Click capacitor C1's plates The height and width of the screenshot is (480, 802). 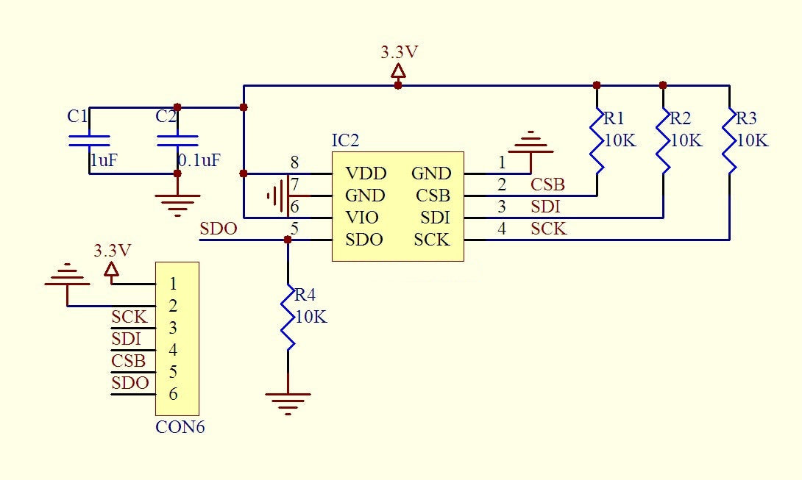click(x=89, y=140)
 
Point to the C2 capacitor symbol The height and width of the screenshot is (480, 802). click(x=177, y=140)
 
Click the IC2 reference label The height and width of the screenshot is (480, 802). click(x=346, y=140)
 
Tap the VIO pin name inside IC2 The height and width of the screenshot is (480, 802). click(x=362, y=218)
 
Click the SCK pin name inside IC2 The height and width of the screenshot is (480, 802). click(x=432, y=240)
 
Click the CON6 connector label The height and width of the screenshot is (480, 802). click(x=180, y=426)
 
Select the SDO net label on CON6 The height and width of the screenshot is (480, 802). click(x=130, y=383)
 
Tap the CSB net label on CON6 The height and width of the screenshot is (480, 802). click(x=129, y=361)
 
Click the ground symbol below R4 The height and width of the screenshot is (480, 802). click(x=288, y=401)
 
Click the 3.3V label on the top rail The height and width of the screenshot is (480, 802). click(x=398, y=52)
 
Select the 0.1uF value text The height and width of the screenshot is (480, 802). click(x=199, y=160)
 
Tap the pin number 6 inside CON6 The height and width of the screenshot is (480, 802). click(x=173, y=394)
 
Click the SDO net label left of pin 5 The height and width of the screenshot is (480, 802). click(x=219, y=229)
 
